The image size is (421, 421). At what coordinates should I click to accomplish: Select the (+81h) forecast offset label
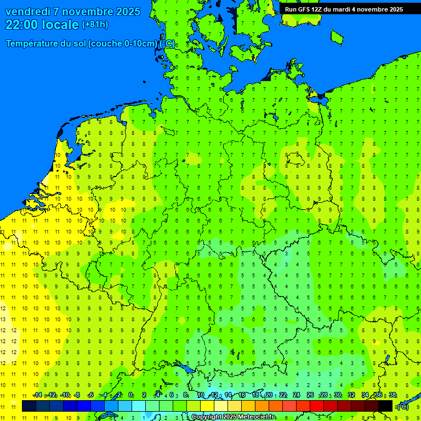click(95, 25)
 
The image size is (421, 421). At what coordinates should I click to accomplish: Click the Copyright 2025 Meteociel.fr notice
click(233, 417)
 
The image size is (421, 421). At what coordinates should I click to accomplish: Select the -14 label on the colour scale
click(37, 395)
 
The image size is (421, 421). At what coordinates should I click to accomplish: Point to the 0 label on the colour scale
click(130, 395)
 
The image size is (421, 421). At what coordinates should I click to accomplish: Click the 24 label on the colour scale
click(297, 395)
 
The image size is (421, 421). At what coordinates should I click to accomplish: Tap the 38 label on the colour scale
click(392, 395)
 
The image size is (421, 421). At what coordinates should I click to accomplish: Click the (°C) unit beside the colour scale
click(403, 406)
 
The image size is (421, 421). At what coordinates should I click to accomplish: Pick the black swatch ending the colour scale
click(385, 406)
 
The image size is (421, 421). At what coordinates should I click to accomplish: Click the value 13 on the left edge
click(3, 319)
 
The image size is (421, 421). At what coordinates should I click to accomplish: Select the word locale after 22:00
click(60, 25)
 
